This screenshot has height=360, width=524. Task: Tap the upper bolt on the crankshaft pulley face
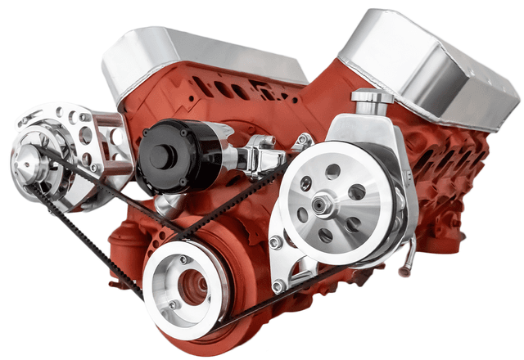pos(185,260)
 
